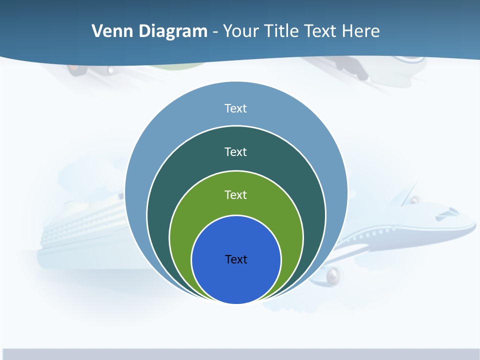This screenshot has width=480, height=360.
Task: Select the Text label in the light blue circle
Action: pos(236,108)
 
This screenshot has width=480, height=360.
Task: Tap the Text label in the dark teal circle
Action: pos(236,151)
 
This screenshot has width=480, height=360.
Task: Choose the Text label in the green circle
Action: pos(236,194)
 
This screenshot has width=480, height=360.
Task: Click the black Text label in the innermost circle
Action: pos(236,259)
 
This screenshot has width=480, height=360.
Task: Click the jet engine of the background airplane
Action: pos(334,274)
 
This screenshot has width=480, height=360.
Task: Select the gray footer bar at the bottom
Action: pos(240,354)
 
